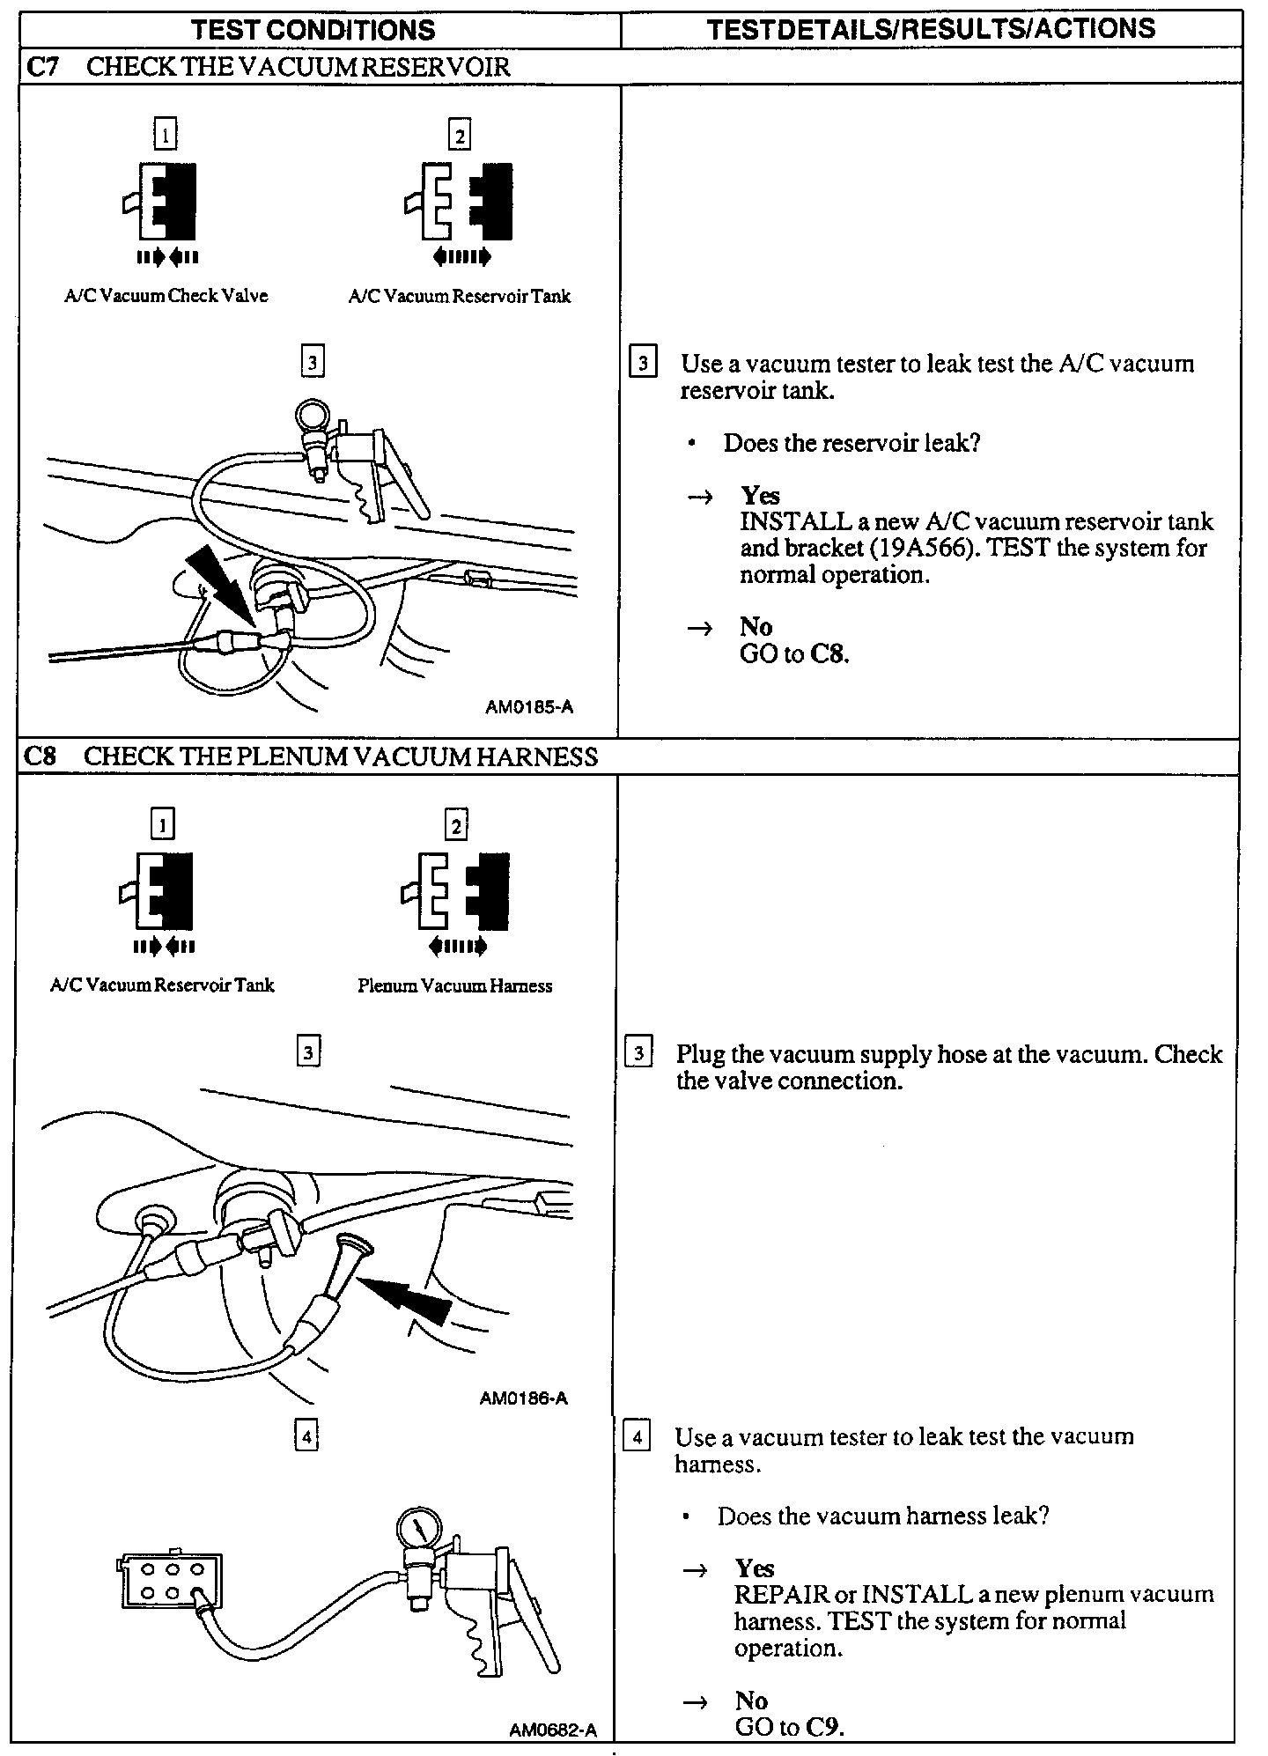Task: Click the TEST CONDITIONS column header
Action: click(313, 30)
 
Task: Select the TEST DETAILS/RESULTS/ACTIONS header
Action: click(931, 29)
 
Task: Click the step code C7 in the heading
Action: click(42, 67)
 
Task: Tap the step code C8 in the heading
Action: click(41, 756)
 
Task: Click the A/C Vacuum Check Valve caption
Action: click(166, 296)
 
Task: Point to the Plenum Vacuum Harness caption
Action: click(454, 985)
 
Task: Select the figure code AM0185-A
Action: click(529, 707)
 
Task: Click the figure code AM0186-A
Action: click(524, 1398)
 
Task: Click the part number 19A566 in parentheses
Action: click(923, 549)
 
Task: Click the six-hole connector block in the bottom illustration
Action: click(171, 1582)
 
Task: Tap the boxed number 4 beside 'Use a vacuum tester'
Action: click(637, 1437)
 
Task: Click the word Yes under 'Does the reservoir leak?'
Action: click(760, 496)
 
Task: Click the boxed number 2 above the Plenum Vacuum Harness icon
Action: click(456, 826)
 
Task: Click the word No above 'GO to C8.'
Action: click(756, 627)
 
